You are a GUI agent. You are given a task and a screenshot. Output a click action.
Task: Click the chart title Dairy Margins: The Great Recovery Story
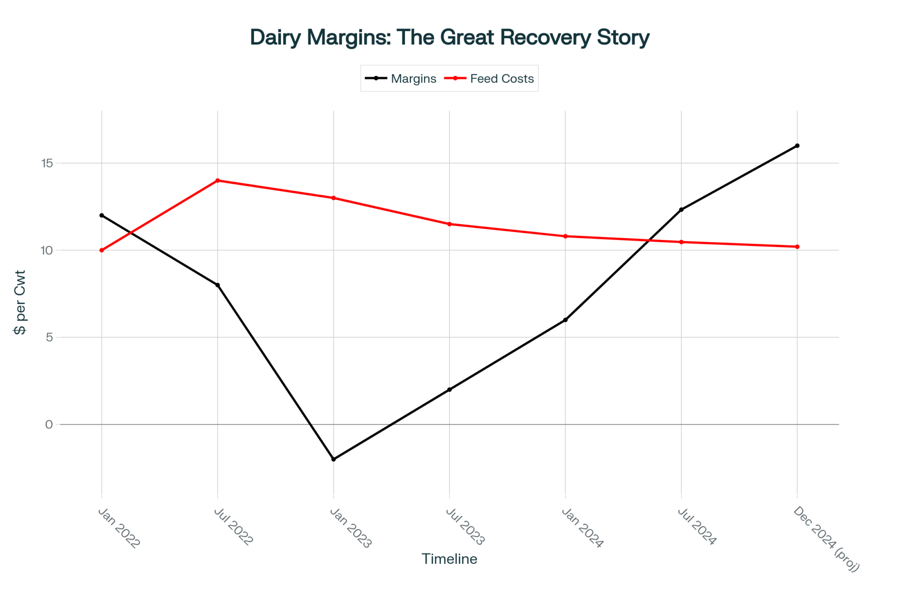pos(449,37)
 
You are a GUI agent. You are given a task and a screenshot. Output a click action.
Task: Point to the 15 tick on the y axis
pos(47,163)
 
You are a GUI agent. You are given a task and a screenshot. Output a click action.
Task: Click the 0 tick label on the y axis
pos(49,425)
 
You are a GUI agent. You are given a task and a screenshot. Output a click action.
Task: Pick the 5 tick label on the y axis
pos(49,337)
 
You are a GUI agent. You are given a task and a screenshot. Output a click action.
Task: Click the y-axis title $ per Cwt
pos(20,302)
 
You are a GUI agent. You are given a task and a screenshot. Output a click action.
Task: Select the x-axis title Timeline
pos(449,559)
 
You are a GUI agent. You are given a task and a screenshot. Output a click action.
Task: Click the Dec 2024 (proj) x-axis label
pos(826,539)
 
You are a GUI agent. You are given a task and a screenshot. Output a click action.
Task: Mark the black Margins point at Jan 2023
pos(334,459)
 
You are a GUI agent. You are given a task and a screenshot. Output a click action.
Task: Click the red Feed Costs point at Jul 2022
pos(218,181)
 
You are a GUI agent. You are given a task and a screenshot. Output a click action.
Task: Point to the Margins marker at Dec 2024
pos(797,146)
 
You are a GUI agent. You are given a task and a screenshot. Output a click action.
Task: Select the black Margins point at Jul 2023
pos(449,390)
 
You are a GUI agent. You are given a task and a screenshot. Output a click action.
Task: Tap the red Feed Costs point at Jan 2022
pos(102,250)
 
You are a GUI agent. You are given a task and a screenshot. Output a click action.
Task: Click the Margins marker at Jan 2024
pos(565,320)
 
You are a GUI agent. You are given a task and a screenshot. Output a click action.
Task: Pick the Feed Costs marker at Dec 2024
pos(797,247)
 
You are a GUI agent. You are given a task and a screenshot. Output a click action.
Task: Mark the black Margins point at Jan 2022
pos(102,215)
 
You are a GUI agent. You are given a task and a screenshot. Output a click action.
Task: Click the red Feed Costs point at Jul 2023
pos(449,224)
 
